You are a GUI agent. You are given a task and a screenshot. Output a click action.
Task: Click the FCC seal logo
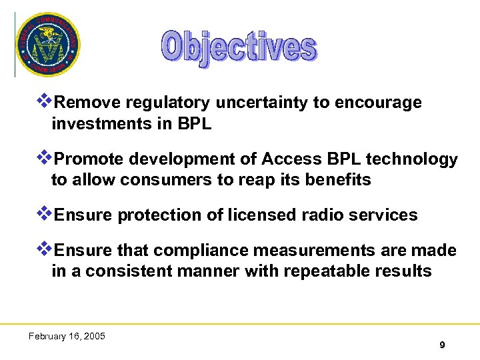pos(48,44)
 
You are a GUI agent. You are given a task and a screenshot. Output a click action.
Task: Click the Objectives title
pos(239,48)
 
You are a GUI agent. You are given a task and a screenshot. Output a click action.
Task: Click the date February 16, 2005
pos(67,336)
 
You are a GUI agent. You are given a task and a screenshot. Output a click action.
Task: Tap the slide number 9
pos(442,345)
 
